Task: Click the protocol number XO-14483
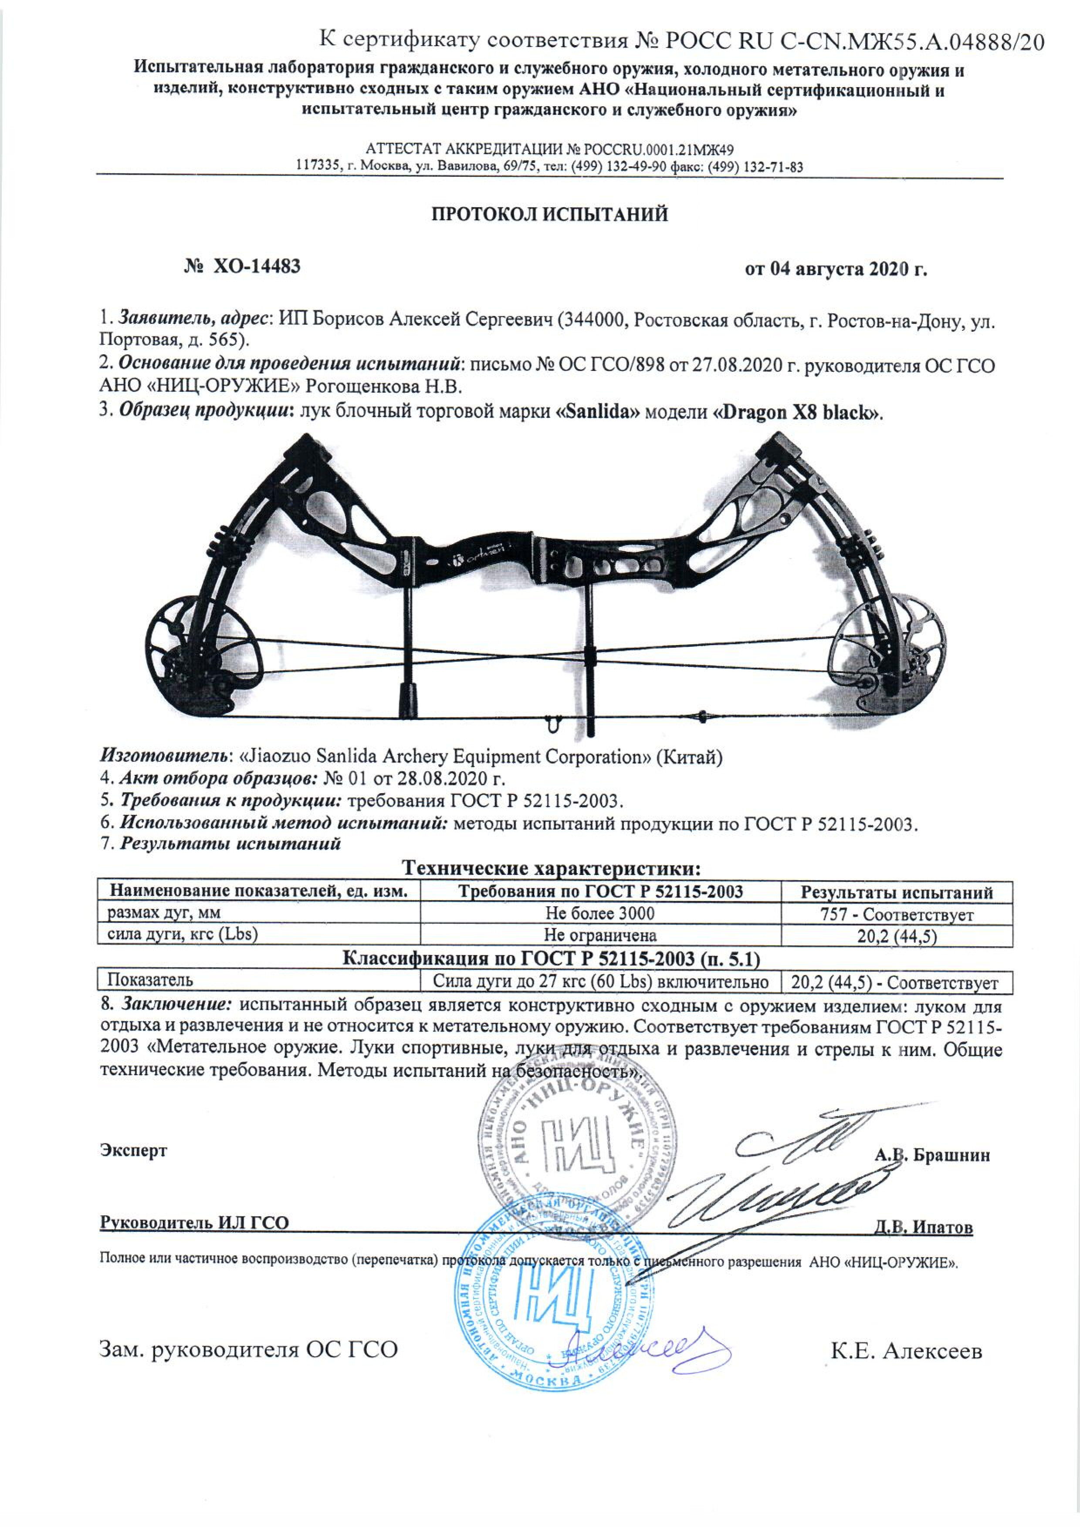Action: (x=256, y=267)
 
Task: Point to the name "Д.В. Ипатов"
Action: (x=924, y=1227)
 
